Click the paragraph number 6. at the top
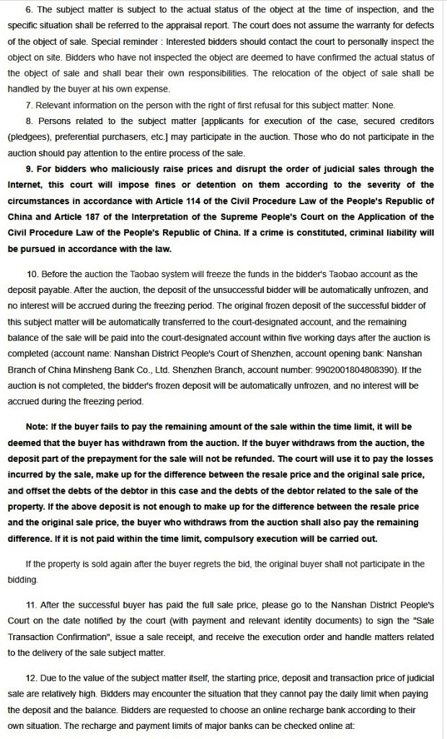[x=29, y=9]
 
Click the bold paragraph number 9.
[x=30, y=170]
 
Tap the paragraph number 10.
[x=32, y=274]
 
